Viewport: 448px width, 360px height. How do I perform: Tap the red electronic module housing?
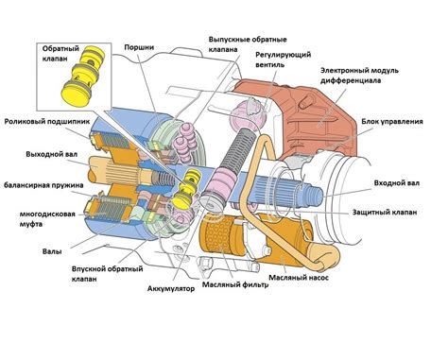pyautogui.click(x=312, y=113)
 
